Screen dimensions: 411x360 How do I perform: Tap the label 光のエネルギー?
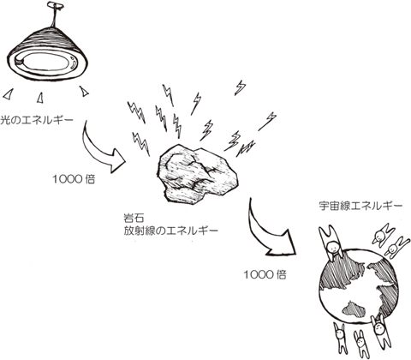[x=37, y=120]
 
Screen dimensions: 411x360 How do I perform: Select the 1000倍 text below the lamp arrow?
[x=74, y=179]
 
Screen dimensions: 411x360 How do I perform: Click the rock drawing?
[x=197, y=174]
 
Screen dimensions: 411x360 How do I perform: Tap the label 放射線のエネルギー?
[x=170, y=231]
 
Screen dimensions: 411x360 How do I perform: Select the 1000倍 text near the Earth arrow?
[x=265, y=275]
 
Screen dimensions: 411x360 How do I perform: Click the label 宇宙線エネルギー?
[x=360, y=206]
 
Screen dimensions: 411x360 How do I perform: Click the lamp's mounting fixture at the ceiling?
[x=56, y=5]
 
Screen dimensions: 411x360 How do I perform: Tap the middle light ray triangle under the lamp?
[x=40, y=98]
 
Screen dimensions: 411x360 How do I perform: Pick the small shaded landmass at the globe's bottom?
[x=354, y=309]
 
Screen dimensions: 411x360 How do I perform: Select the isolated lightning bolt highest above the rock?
[x=241, y=87]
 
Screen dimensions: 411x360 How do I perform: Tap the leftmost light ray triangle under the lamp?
[x=9, y=94]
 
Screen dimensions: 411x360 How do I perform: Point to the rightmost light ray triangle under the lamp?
[x=84, y=91]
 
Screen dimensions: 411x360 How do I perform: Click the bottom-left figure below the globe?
[x=341, y=340]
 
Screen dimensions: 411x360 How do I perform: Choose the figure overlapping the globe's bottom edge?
[x=379, y=332]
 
